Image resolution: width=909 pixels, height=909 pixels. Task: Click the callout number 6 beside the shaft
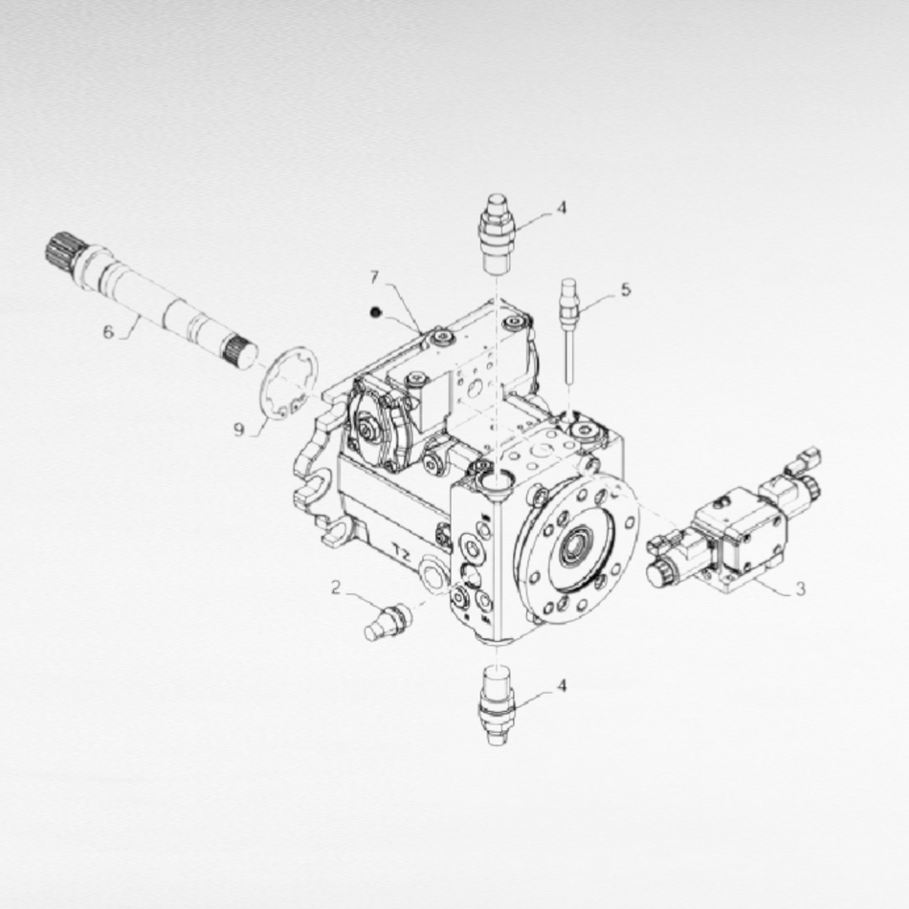pyautogui.click(x=108, y=332)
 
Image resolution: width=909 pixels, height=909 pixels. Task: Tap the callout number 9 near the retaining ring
pyautogui.click(x=239, y=430)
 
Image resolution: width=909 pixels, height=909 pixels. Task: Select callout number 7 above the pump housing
pyautogui.click(x=374, y=277)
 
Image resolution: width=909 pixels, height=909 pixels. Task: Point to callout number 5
pyautogui.click(x=626, y=289)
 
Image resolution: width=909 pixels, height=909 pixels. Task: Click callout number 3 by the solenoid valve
pyautogui.click(x=801, y=589)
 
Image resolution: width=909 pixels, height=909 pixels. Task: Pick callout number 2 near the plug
pyautogui.click(x=336, y=588)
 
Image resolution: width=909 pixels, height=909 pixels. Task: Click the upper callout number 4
pyautogui.click(x=561, y=208)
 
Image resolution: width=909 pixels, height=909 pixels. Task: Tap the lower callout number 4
pyautogui.click(x=561, y=686)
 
